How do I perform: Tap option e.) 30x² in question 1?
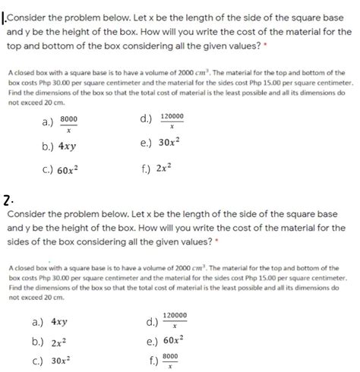pos(159,143)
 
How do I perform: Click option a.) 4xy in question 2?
pos(50,321)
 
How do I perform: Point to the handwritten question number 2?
pos(7,200)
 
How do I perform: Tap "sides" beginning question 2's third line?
pos(19,241)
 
